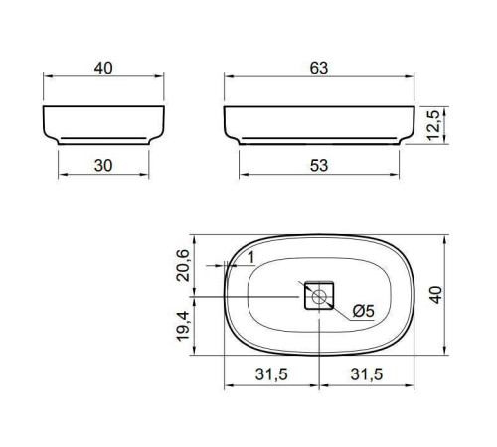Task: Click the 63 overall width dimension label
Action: [x=319, y=68]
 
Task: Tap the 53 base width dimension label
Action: [x=319, y=166]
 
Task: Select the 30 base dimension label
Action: [x=103, y=166]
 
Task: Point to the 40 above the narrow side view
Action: [x=103, y=68]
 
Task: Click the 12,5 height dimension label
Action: [x=433, y=125]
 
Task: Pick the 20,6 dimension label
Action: [x=183, y=266]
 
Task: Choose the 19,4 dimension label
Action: [x=183, y=326]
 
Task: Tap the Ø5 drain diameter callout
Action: [x=363, y=311]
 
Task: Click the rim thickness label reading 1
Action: [x=251, y=258]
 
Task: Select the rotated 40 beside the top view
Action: [x=436, y=295]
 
